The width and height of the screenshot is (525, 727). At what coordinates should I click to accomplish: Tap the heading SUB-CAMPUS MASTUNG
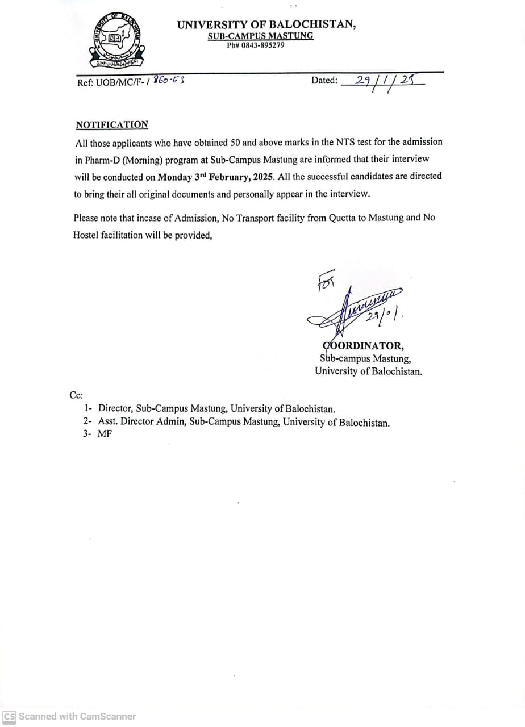(261, 36)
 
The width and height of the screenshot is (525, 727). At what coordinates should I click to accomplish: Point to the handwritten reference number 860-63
(168, 81)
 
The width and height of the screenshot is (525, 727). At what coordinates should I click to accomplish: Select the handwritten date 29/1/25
(382, 81)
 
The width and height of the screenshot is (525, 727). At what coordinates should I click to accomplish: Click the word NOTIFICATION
(112, 125)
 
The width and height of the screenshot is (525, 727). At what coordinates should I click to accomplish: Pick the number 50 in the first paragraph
(236, 142)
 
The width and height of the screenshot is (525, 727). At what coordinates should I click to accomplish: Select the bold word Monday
(174, 177)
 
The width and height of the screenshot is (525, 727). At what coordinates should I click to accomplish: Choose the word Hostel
(86, 235)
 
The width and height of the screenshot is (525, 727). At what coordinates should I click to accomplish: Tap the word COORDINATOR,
(363, 346)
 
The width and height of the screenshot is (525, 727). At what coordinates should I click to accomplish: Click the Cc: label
(76, 395)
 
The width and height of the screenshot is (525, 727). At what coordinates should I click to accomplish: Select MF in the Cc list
(105, 434)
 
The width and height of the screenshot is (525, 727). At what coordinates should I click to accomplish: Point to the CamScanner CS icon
(9, 717)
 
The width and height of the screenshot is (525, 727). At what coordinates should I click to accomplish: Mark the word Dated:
(324, 81)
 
